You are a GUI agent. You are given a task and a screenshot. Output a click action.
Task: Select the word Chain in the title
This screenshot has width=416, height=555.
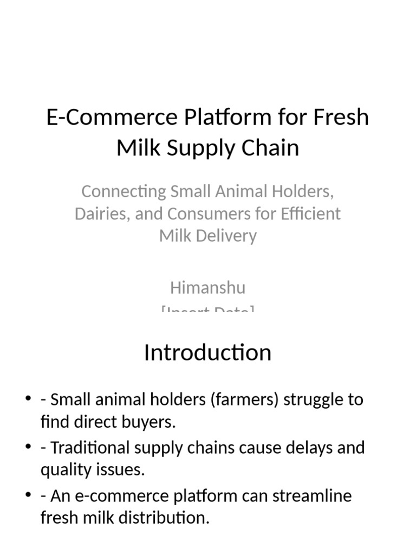click(272, 148)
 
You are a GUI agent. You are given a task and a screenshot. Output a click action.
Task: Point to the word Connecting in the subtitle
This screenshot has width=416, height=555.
click(123, 192)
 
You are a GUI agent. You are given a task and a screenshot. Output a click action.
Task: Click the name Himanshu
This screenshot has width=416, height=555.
click(207, 287)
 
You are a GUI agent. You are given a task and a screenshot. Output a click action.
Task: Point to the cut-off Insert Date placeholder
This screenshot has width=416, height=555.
click(207, 311)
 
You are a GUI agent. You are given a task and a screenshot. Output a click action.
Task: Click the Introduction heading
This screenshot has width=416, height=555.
click(207, 353)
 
